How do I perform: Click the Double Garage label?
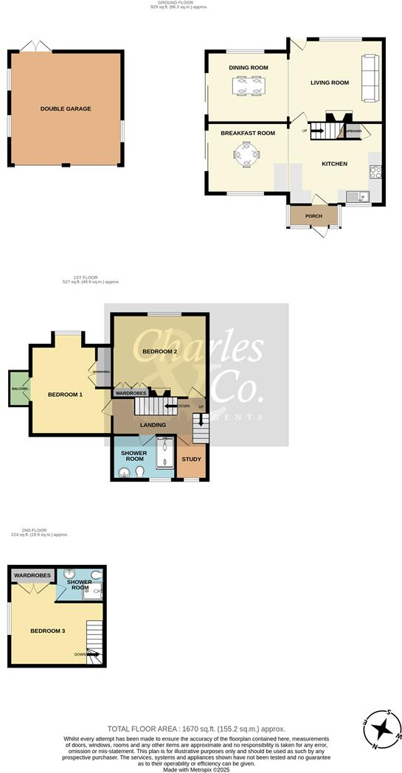66,108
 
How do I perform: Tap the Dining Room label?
248,68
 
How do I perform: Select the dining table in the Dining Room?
248,87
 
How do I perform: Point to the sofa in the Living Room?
369,77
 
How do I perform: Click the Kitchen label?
334,164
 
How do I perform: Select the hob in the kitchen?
375,173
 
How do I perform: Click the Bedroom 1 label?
65,395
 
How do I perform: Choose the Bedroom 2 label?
159,351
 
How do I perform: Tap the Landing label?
153,425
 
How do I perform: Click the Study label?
191,460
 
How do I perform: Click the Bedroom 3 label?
47,631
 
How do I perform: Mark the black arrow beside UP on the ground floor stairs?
317,131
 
